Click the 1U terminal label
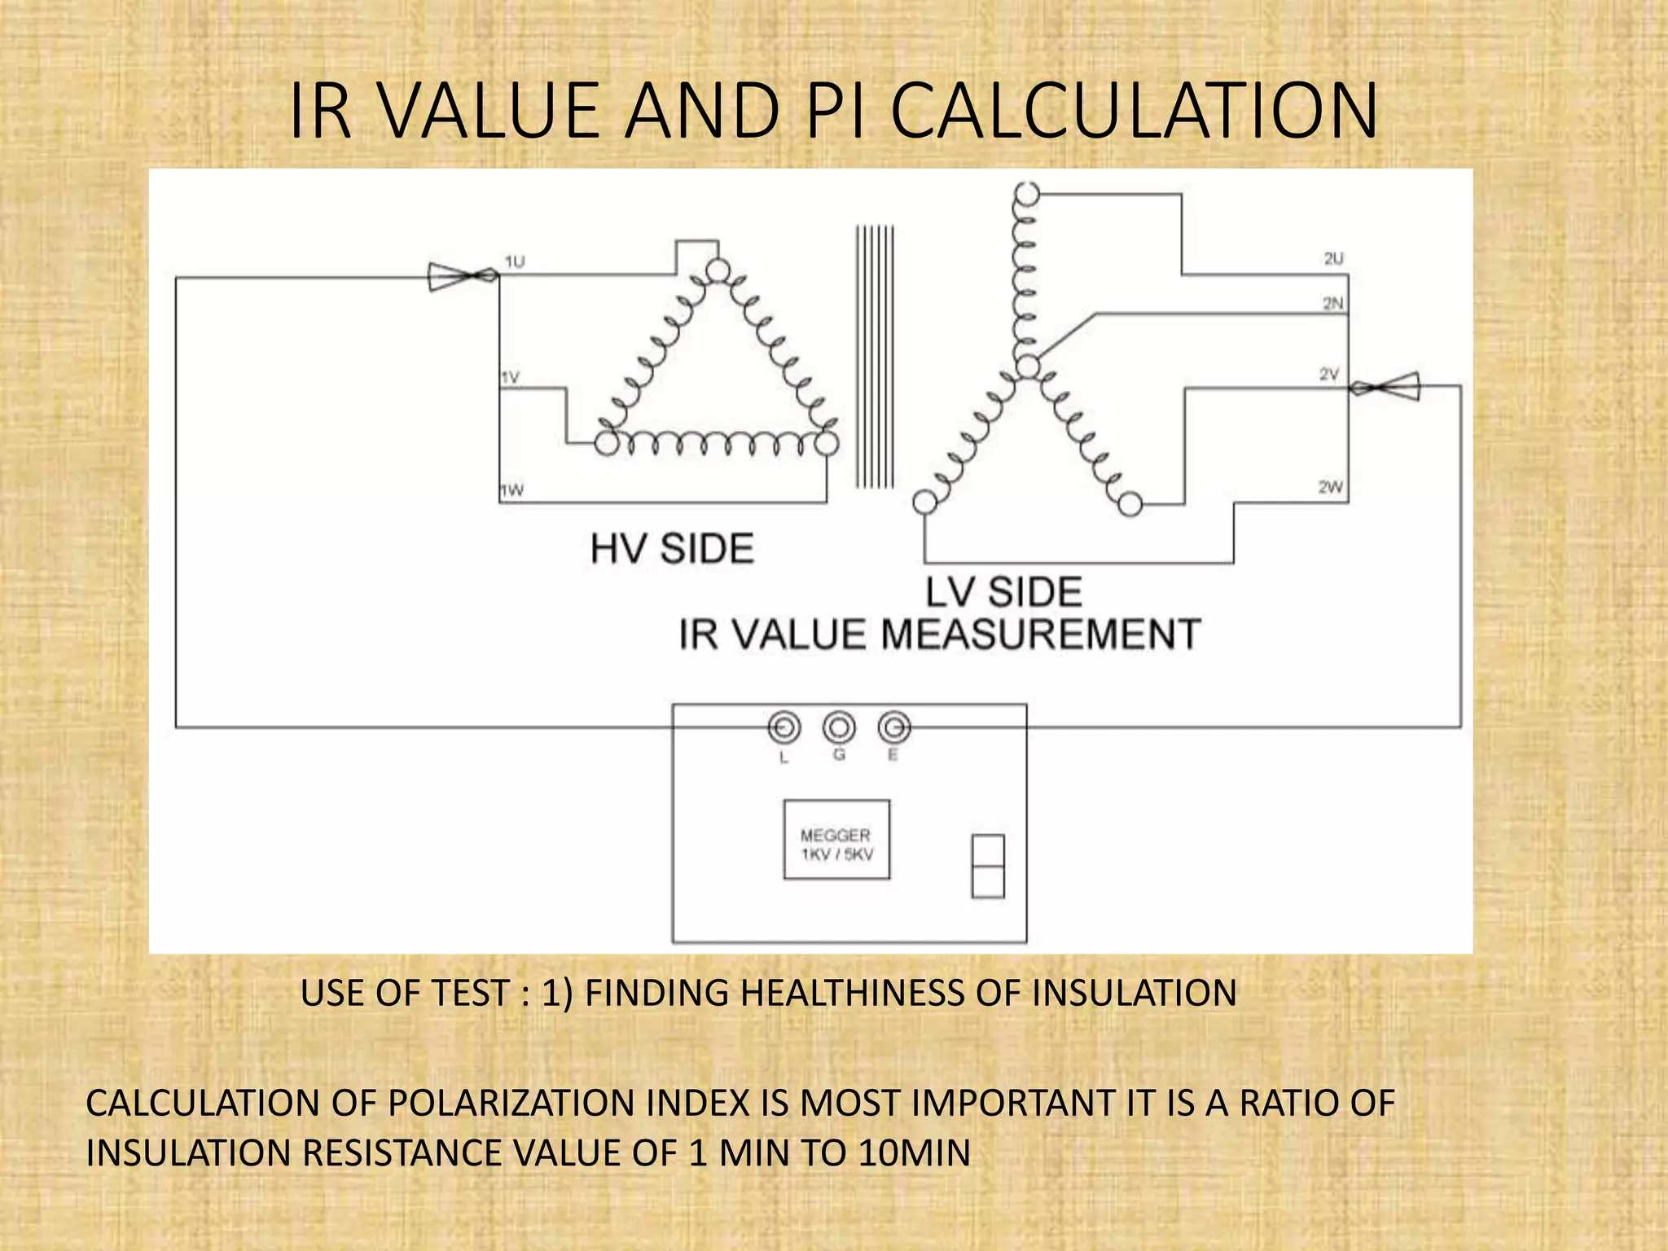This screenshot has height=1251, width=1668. point(515,261)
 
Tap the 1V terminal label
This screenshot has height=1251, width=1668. point(510,378)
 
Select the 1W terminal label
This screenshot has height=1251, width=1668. point(511,490)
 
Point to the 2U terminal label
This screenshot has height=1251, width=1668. point(1333,259)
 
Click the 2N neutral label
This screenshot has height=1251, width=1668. point(1333,304)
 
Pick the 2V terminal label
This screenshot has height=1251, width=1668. point(1329,375)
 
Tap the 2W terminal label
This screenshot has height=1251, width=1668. point(1331,487)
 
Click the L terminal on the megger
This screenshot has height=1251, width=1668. point(784,727)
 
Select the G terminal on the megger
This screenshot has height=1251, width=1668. point(839,726)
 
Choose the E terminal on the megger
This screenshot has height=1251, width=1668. point(893,726)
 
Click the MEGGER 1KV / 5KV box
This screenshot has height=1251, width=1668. point(836,840)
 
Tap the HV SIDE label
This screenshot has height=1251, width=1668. point(672,548)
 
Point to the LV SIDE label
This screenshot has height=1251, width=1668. point(1003,592)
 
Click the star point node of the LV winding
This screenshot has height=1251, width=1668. point(1029,367)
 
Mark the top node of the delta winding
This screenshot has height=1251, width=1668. point(717,270)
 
